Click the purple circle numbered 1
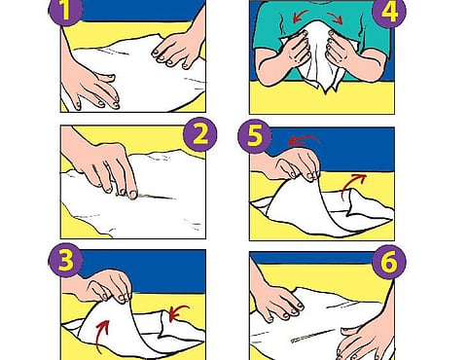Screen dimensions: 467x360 pos(65,11)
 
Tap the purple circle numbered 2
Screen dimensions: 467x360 pos(200,134)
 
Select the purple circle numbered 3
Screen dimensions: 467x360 pos(65,260)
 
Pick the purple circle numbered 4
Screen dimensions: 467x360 pos(389,13)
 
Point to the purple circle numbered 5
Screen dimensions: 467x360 pos(255,137)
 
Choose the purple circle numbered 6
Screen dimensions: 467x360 pos(389,262)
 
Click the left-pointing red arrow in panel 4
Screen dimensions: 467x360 pos(299,16)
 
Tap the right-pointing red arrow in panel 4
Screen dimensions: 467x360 pos(336,18)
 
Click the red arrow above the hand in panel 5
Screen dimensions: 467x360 pos(304,139)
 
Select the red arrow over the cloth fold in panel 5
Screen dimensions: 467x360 pos(352,184)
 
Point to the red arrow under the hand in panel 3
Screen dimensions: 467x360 pos(104,334)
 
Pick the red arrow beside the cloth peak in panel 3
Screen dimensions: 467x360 pos(178,312)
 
